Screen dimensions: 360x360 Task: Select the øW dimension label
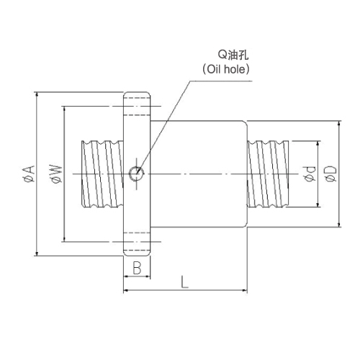57,174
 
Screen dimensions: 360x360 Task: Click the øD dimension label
331,174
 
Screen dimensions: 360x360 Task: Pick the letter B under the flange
137,268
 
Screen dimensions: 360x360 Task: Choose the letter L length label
184,282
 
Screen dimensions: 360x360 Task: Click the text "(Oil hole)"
225,69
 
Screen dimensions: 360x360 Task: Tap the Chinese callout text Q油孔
233,55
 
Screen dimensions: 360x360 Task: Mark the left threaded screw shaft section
103,174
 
